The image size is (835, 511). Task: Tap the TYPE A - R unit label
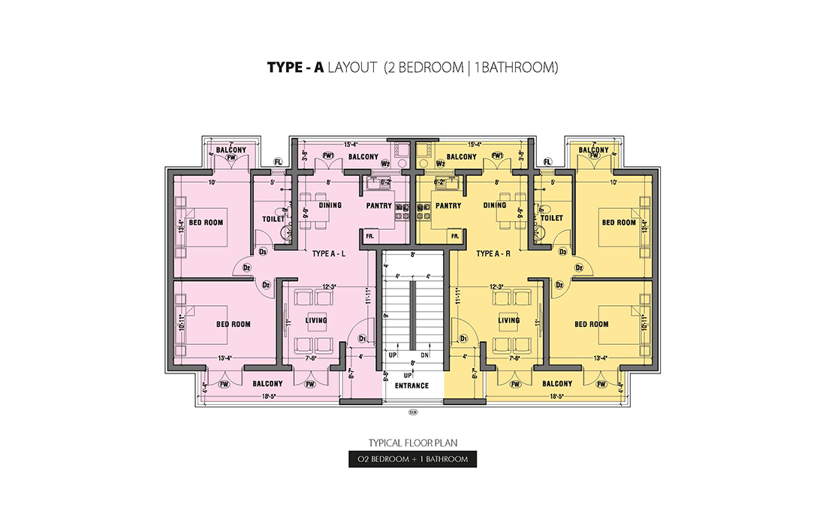[493, 254]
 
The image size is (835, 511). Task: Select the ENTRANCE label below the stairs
[411, 386]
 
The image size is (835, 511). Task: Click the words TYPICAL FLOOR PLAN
[411, 443]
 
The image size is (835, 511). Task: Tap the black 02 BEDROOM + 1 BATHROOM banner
[411, 459]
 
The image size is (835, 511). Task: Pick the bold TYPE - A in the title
[295, 68]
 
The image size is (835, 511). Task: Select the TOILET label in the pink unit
[273, 219]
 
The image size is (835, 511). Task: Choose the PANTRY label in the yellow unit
[448, 205]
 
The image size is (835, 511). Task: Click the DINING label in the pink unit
[330, 205]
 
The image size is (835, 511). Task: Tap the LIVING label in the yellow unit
[508, 321]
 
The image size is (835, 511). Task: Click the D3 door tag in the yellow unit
[562, 252]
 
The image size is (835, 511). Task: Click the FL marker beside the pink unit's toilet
[278, 162]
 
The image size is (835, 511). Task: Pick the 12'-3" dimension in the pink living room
[327, 286]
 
